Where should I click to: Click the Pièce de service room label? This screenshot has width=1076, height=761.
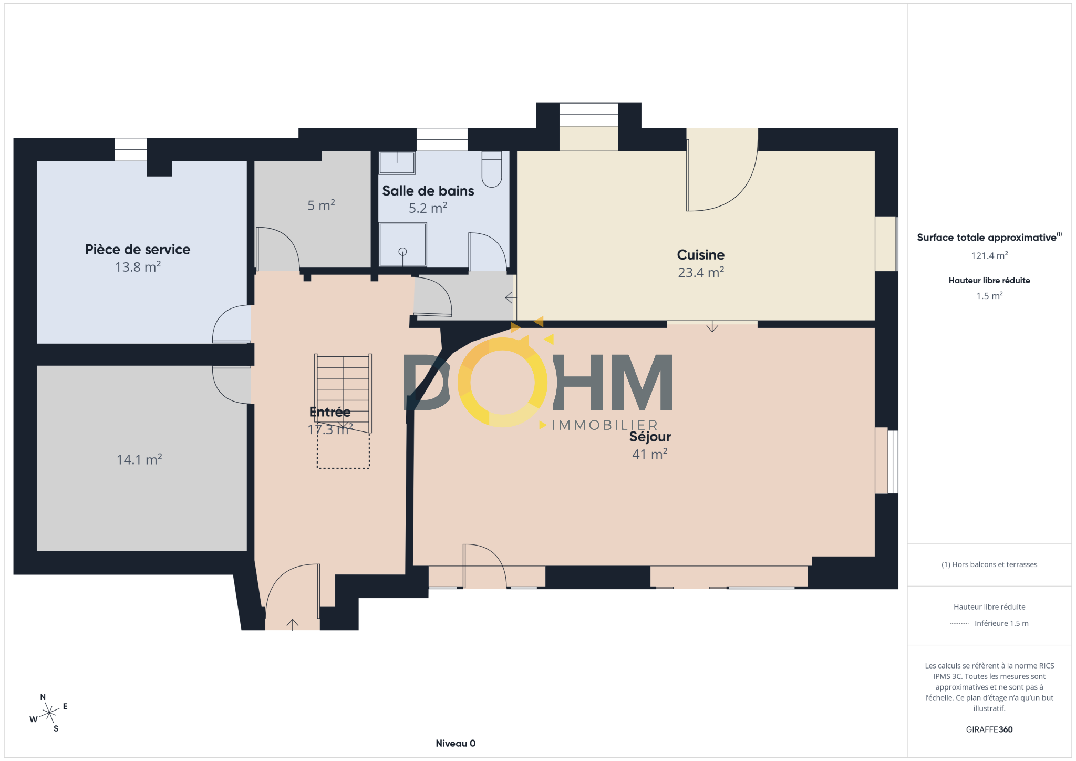pos(138,249)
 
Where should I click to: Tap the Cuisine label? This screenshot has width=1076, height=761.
pos(701,255)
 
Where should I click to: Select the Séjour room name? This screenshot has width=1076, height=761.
pos(650,437)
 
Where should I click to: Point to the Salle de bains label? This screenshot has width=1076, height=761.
pos(428,191)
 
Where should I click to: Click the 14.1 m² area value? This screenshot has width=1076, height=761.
pos(139,459)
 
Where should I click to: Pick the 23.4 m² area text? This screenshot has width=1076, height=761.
pos(701,272)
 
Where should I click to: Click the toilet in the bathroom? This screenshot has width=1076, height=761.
pos(492,169)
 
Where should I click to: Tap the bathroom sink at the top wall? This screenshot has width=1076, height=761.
pos(397,163)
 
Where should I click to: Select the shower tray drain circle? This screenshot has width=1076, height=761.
pos(402,252)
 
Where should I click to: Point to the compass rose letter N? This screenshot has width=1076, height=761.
pos(43,697)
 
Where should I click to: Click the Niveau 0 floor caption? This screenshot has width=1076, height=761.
pos(456,743)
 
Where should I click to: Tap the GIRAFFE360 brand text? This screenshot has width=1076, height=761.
pos(989,729)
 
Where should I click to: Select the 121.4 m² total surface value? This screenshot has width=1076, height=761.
pos(989,256)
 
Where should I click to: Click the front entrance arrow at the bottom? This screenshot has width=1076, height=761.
pos(293,624)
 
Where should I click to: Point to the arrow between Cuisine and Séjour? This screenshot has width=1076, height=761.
pos(712,326)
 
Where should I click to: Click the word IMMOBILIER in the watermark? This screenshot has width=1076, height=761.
pos(605,425)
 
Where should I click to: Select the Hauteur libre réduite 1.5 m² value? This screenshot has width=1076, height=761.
pos(989,296)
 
